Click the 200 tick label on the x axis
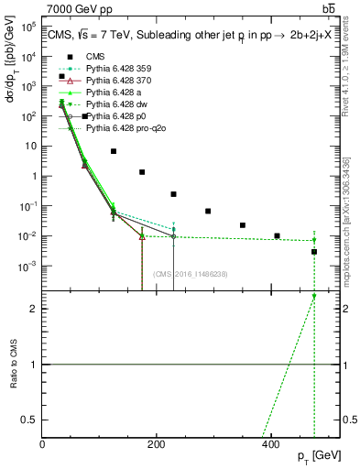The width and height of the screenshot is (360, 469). pos(157,443)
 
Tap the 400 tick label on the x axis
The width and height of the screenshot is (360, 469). pos(270,443)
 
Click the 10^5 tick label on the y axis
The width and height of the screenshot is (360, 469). pos(27,27)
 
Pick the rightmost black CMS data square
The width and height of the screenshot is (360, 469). pos(314,252)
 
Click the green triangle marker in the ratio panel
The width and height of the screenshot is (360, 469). pos(314,296)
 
